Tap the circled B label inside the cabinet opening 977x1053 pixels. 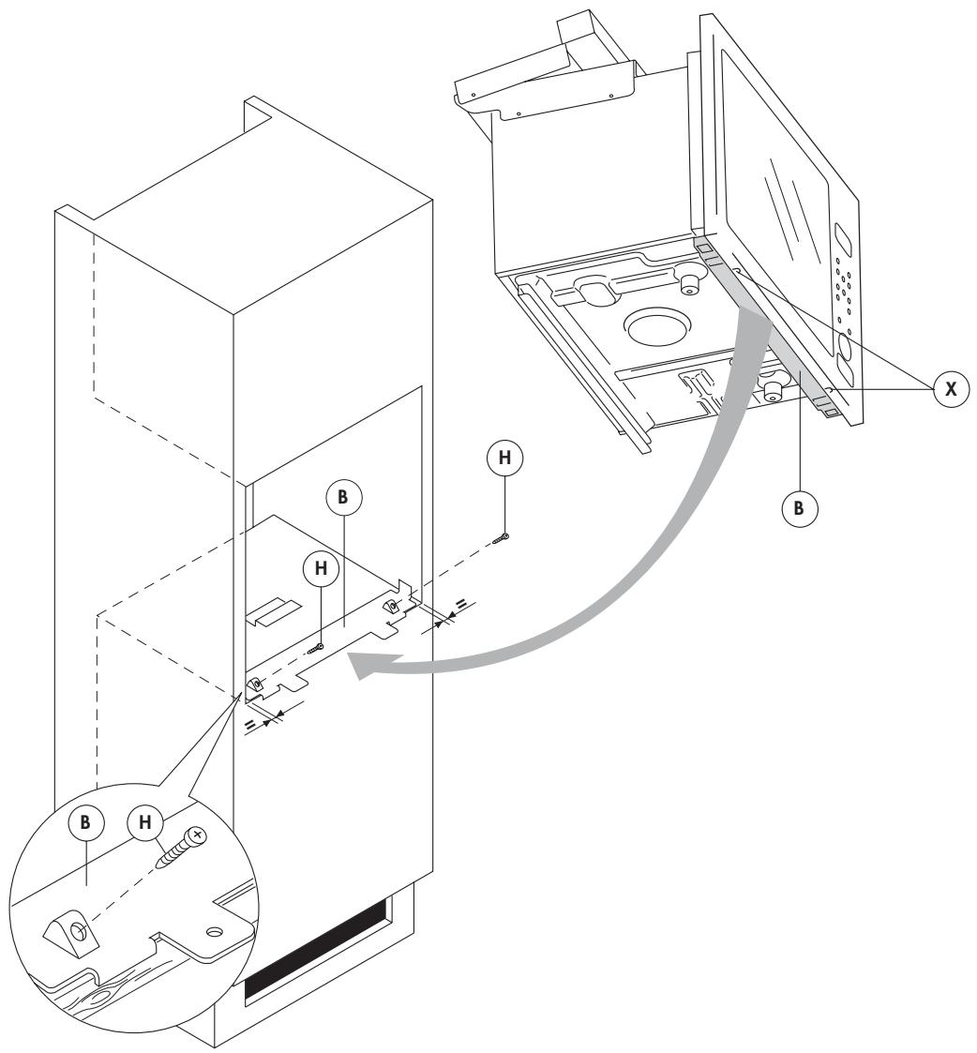[344, 500]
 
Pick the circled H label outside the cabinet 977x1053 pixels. [504, 459]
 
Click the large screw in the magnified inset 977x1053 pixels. [183, 848]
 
